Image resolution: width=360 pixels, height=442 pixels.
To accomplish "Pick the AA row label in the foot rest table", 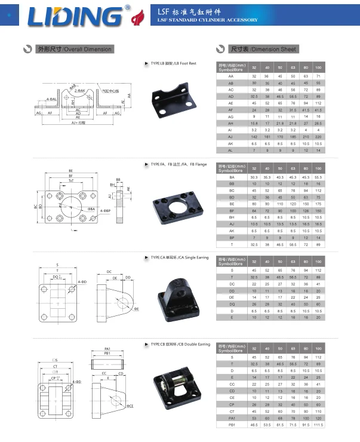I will pos(231,77).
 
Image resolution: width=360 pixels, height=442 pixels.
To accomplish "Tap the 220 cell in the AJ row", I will pos(318,136).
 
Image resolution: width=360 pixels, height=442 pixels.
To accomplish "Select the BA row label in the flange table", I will pos(231,177).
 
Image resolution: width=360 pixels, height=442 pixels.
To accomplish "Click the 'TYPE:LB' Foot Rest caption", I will pos(174,63).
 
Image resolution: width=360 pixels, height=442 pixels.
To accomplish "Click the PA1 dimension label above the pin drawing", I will pos(108,348).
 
